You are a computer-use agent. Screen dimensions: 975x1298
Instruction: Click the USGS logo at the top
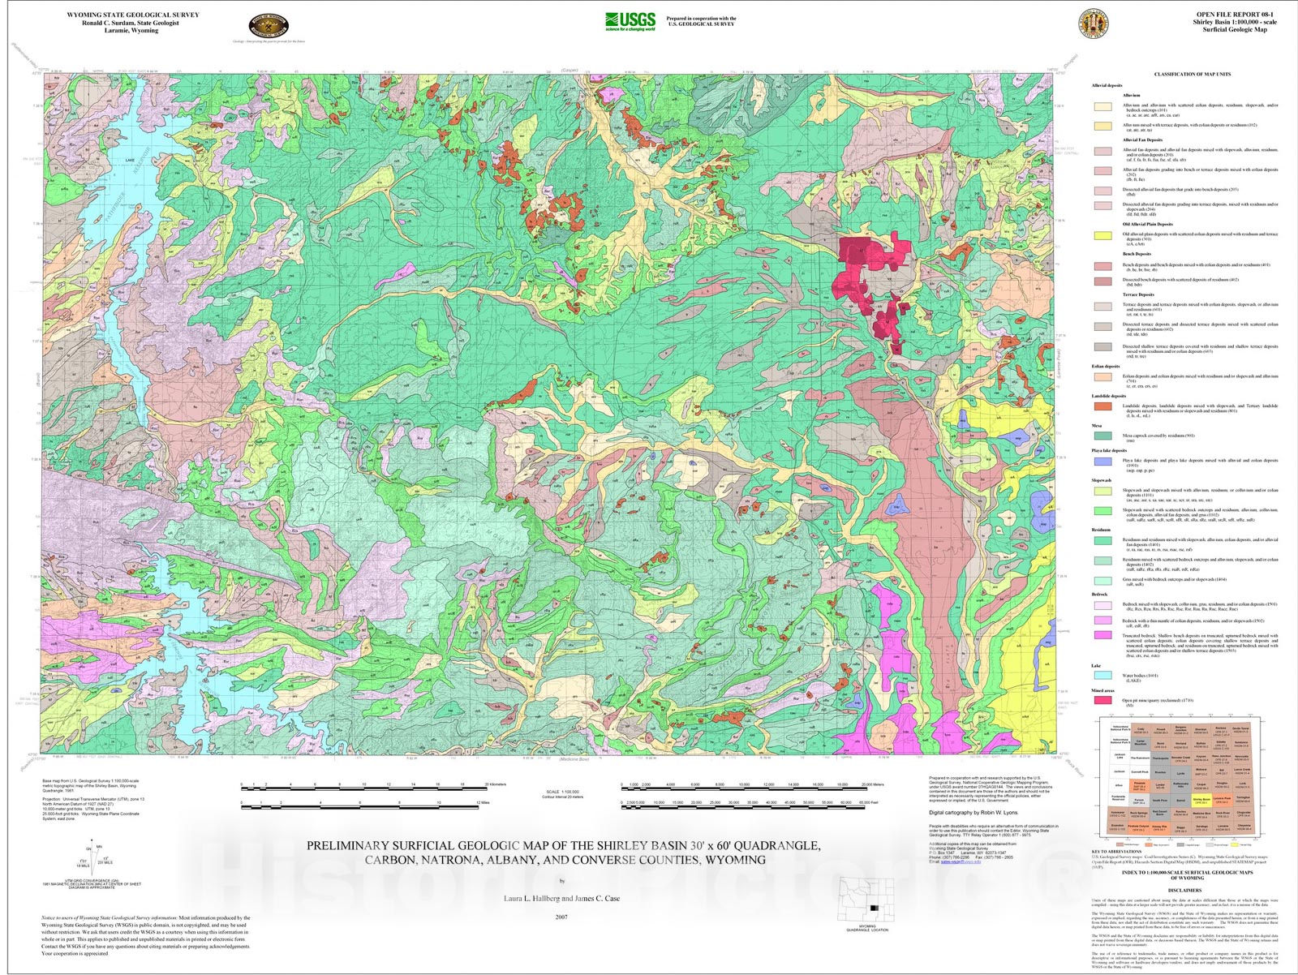click(x=630, y=21)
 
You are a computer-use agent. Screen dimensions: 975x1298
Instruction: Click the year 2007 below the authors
click(x=561, y=917)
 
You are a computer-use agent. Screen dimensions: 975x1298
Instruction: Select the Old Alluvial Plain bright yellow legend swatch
click(x=1103, y=236)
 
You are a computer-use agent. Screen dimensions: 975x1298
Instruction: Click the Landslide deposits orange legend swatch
click(x=1103, y=406)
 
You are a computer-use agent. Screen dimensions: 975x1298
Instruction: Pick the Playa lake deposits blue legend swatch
click(x=1103, y=461)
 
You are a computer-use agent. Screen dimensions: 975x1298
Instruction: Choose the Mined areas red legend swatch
click(x=1103, y=699)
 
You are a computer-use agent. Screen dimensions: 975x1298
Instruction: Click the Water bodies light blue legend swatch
click(x=1103, y=675)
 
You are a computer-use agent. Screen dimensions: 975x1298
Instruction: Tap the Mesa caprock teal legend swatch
click(x=1103, y=436)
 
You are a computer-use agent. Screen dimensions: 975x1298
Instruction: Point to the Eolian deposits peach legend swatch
click(x=1103, y=377)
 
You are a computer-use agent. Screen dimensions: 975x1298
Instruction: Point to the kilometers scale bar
click(x=363, y=788)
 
